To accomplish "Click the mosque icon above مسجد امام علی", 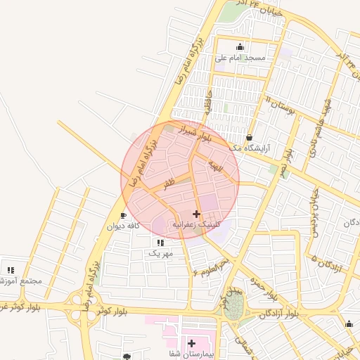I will (241, 46).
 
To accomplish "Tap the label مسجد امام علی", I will (241, 58).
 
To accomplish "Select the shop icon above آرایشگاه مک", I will (250, 137).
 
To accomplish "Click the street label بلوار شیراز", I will (186, 131).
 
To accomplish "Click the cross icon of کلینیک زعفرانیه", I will (196, 213).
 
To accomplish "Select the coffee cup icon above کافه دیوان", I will (124, 215).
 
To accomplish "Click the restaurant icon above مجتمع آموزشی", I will (11, 269).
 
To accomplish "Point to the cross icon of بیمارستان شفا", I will (191, 342).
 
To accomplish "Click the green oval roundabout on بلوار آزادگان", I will (233, 305).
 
